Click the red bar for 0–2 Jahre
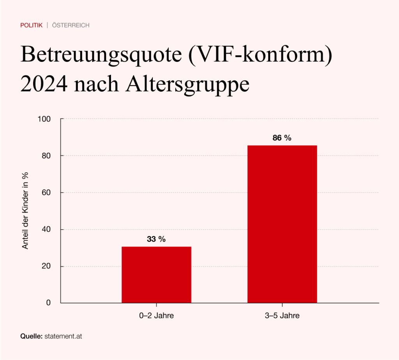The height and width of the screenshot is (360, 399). point(156,274)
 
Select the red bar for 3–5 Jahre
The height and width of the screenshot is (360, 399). point(282,224)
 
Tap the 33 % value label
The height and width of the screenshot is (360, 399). point(156,239)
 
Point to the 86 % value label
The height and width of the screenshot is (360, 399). point(282,138)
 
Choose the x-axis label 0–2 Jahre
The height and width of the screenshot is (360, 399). point(156,316)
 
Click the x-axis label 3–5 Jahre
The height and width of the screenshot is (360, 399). point(282,316)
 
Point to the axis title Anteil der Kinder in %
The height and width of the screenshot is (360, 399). point(25,210)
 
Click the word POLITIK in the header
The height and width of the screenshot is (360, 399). point(32,25)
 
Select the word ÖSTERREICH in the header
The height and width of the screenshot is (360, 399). point(71,25)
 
